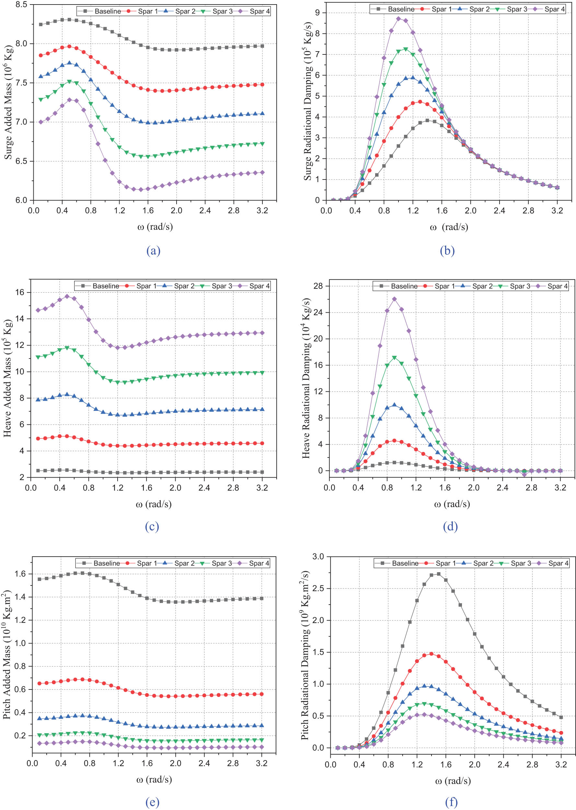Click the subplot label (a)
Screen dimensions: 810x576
click(x=153, y=251)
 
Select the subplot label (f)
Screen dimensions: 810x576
click(x=451, y=802)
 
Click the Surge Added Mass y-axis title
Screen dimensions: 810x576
click(x=8, y=102)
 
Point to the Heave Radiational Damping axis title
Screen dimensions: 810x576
click(x=306, y=378)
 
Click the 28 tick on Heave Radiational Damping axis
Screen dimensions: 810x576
click(x=318, y=286)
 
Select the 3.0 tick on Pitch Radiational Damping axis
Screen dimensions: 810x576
click(x=318, y=556)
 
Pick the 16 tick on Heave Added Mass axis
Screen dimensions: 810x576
click(x=20, y=292)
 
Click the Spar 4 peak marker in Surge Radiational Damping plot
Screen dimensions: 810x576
click(x=398, y=18)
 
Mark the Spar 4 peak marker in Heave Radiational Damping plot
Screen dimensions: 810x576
click(x=394, y=299)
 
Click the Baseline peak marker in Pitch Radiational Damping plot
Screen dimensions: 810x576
click(x=439, y=574)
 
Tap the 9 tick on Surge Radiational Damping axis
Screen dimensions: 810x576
click(x=317, y=13)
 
